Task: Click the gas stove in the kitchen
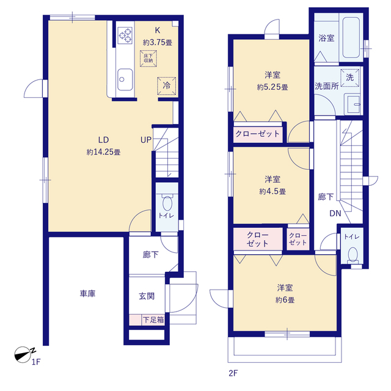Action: point(125,35)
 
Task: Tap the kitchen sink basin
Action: point(125,79)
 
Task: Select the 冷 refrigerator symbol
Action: point(167,86)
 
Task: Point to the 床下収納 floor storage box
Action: point(148,59)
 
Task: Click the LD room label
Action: point(103,140)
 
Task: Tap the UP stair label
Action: point(146,140)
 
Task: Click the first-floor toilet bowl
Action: point(167,203)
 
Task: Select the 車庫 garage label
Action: point(87,293)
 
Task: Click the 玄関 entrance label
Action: point(147,296)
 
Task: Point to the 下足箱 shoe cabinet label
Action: point(153,320)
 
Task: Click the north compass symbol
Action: point(24,354)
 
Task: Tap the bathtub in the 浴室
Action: point(351,37)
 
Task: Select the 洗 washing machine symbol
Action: point(350,78)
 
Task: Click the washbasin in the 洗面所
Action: point(353,104)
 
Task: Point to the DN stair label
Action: point(335,213)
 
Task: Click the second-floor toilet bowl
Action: point(353,254)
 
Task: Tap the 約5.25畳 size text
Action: point(272,87)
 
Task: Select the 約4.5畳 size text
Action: point(272,191)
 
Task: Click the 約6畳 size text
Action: point(285,300)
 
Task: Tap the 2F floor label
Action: point(233,373)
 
